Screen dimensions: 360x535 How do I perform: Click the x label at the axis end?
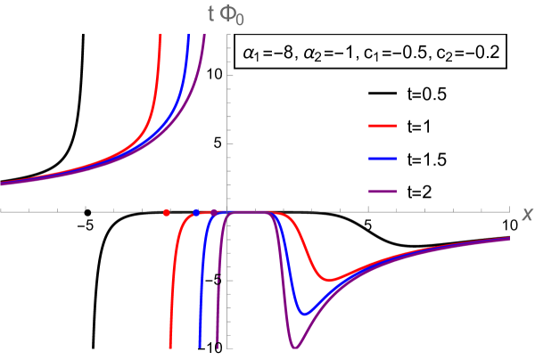click(x=526, y=214)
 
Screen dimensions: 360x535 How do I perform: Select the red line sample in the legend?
click(x=383, y=127)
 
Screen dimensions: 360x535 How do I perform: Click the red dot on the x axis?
click(x=167, y=212)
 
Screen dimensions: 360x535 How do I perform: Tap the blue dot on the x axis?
click(x=196, y=212)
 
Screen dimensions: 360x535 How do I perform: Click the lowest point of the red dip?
click(x=329, y=280)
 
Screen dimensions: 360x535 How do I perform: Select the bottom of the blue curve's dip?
click(x=305, y=314)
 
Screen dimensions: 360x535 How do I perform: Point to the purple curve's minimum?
click(x=295, y=347)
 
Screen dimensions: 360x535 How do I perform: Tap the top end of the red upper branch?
click(x=160, y=35)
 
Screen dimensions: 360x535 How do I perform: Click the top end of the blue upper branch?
click(x=189, y=35)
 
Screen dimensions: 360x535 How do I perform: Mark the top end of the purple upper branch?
click(x=205, y=35)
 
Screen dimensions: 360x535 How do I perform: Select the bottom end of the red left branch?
click(x=170, y=347)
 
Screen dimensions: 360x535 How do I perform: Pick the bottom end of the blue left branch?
click(x=200, y=347)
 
